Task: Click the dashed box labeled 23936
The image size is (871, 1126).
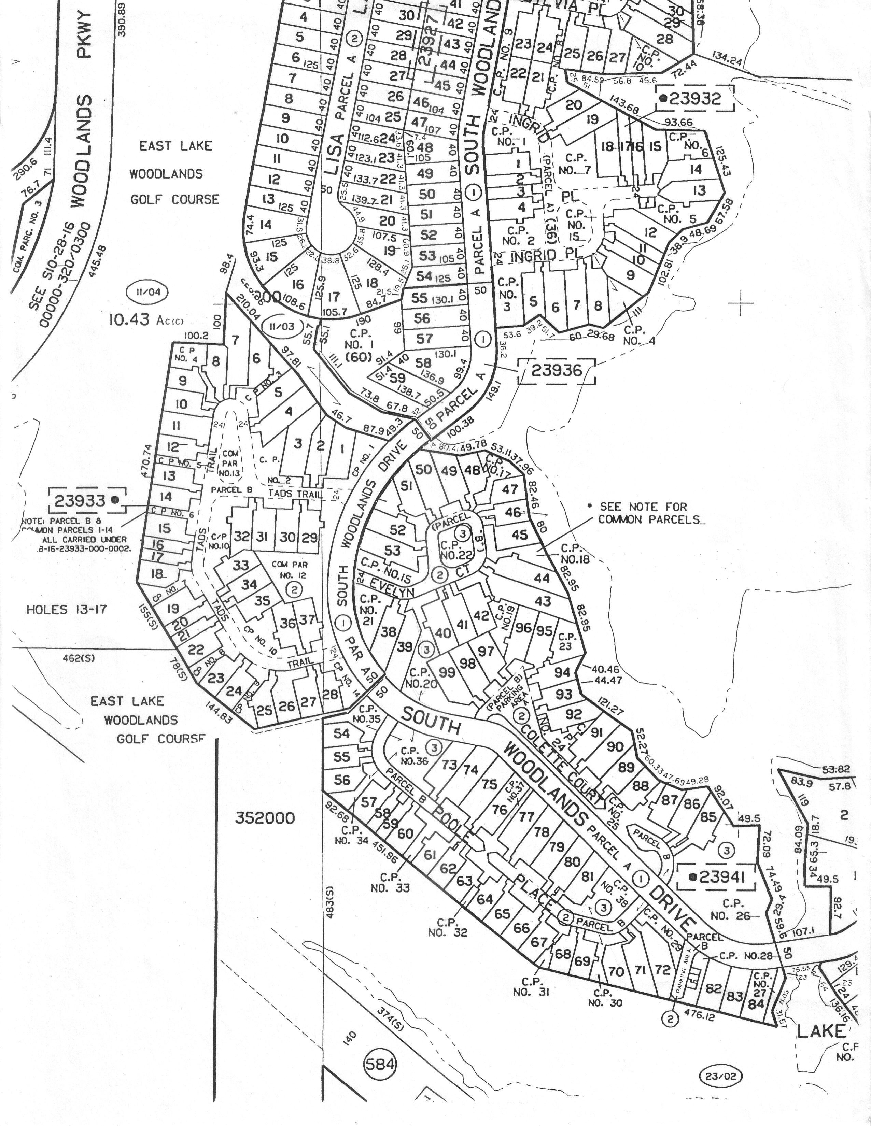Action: [x=557, y=371]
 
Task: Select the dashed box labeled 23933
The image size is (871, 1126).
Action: [x=87, y=500]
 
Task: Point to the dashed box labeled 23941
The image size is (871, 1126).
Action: [x=716, y=876]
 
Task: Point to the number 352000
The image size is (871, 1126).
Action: [x=265, y=818]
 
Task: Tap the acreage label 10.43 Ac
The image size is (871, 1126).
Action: [x=145, y=320]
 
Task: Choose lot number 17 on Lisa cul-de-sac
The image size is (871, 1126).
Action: [x=334, y=297]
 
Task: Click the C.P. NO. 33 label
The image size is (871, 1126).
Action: [x=390, y=882]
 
